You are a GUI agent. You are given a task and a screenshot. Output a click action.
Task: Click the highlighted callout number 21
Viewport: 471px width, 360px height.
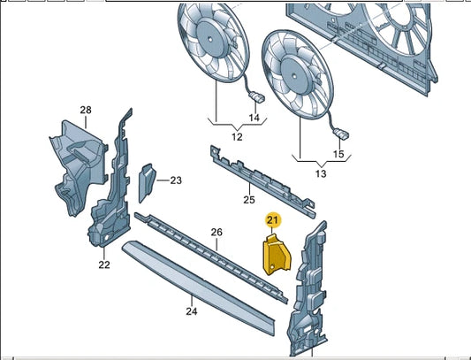272,219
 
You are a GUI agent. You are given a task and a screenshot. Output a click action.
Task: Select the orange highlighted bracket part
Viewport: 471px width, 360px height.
276,254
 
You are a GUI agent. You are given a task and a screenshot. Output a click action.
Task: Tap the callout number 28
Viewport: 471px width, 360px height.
86,111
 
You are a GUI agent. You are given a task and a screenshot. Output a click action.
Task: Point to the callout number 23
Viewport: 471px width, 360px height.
175,180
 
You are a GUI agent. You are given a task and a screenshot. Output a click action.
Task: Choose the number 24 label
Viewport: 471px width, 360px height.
190,310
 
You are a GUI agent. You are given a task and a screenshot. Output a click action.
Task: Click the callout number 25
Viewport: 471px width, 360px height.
249,188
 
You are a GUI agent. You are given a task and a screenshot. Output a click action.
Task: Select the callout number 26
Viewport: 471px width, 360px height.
216,233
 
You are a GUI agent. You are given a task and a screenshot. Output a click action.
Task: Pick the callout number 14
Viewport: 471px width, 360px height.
254,118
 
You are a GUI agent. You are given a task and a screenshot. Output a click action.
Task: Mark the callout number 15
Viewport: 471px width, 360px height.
338,155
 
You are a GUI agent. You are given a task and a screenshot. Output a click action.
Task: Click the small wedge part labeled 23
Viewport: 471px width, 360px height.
147,181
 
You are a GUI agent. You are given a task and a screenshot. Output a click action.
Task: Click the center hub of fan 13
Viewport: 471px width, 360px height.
296,65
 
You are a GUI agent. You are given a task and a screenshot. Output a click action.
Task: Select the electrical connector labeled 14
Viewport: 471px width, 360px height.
257,97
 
